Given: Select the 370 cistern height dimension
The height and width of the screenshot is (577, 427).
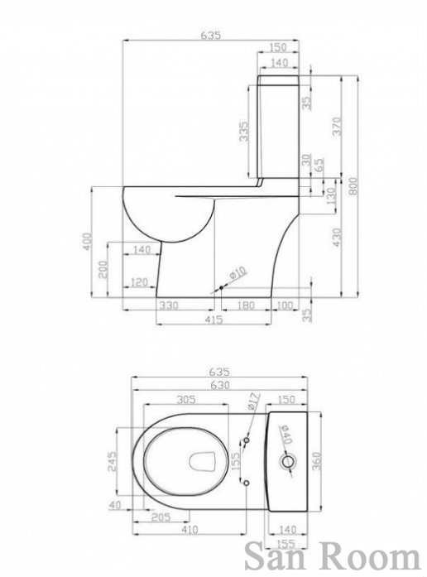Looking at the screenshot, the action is click(x=338, y=126).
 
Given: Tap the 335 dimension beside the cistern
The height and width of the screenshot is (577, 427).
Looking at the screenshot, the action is click(x=244, y=132).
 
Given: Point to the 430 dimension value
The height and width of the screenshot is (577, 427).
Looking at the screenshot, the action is click(x=337, y=238).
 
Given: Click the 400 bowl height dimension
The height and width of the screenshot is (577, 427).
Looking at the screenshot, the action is click(x=86, y=242).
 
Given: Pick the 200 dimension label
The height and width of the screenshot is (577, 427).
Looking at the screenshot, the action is click(x=103, y=270).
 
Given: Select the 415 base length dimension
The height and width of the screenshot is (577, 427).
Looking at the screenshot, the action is click(x=213, y=319).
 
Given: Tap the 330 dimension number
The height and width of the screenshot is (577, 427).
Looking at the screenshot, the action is click(x=169, y=305).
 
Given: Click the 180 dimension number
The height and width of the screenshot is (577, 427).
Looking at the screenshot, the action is click(x=245, y=305).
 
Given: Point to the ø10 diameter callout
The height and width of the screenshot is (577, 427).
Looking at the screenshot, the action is click(x=237, y=272).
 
